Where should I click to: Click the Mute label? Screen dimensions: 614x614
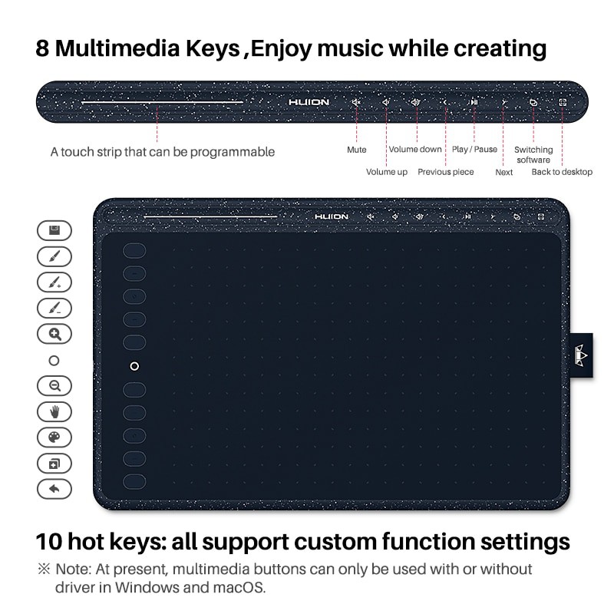point(356,150)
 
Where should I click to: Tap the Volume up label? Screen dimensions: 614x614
point(386,172)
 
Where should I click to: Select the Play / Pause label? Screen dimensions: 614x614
point(474,149)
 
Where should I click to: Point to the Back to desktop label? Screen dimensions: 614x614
point(562,172)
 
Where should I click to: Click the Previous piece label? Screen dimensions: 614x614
point(445,172)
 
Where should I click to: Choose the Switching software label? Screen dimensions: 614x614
point(533,154)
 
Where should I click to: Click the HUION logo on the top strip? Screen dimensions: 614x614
point(308,102)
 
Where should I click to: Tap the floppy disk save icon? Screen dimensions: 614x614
point(54,230)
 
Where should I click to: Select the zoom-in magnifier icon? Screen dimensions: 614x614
point(54,334)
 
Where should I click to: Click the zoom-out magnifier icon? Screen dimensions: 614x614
point(54,385)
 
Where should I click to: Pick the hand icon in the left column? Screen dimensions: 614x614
point(54,411)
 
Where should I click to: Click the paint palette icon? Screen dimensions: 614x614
point(54,437)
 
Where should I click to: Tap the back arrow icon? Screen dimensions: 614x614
point(54,488)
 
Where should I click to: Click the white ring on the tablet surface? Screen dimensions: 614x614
point(134,366)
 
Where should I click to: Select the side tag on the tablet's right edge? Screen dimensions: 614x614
point(582,355)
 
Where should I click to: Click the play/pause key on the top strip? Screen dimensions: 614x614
point(474,102)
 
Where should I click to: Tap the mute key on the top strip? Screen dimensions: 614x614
point(356,102)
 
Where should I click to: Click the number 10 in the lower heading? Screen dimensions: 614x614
point(50,541)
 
